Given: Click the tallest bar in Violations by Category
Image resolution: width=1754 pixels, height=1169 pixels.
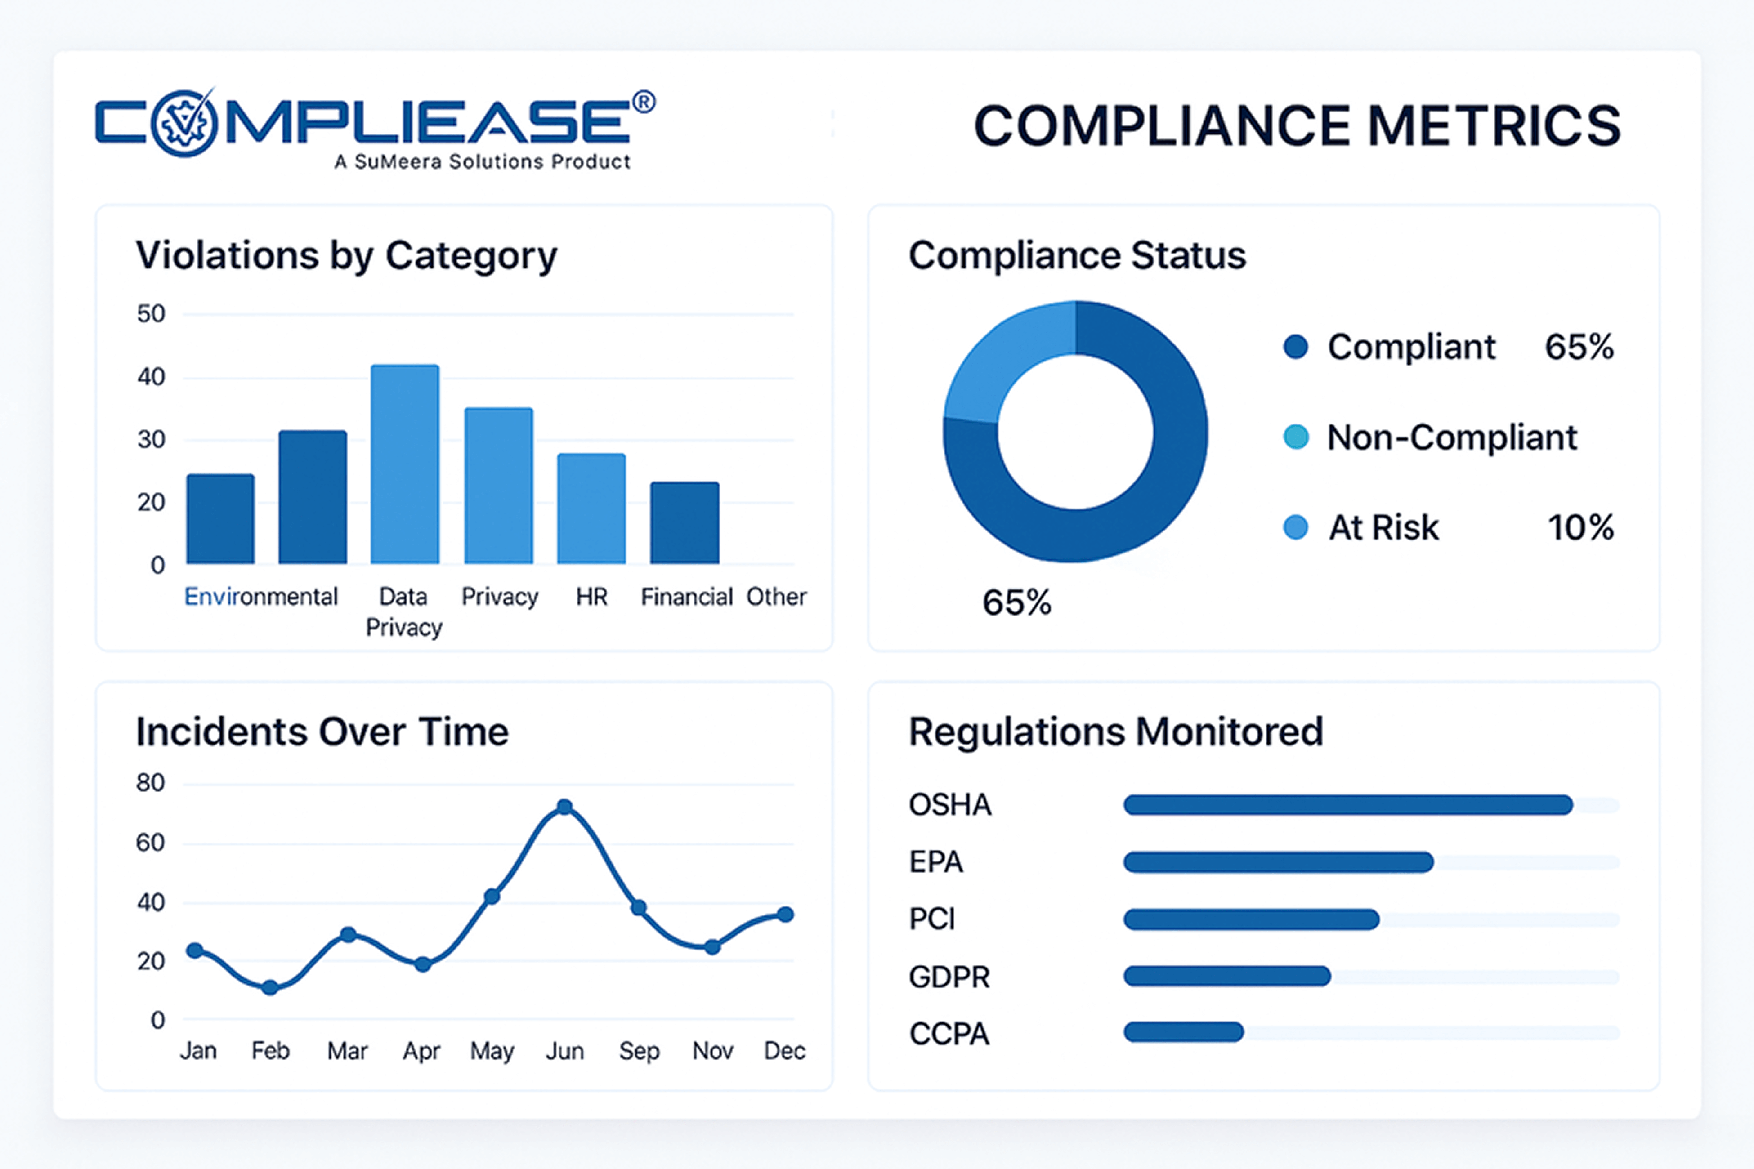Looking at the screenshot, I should (405, 464).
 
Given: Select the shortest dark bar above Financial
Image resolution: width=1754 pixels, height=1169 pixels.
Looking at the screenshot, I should (685, 522).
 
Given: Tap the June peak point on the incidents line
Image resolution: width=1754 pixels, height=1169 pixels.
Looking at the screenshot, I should (564, 807).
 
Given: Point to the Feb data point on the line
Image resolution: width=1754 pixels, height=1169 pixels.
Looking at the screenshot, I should (270, 988).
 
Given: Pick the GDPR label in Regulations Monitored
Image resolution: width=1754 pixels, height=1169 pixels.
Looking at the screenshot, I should (949, 977).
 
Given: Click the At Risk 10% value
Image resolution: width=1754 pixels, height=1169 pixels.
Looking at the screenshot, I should (1580, 528).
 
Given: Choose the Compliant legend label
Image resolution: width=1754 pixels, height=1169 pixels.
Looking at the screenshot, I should (1411, 347).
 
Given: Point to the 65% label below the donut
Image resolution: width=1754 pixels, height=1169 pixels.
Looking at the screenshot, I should (1016, 602).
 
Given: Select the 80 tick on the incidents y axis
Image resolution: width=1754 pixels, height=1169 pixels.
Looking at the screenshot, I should (151, 783).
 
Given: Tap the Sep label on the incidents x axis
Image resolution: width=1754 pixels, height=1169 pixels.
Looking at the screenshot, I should (639, 1051).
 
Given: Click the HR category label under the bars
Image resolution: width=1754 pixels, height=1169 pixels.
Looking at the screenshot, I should (591, 597).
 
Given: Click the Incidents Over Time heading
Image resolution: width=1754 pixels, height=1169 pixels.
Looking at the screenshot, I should (322, 732).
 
